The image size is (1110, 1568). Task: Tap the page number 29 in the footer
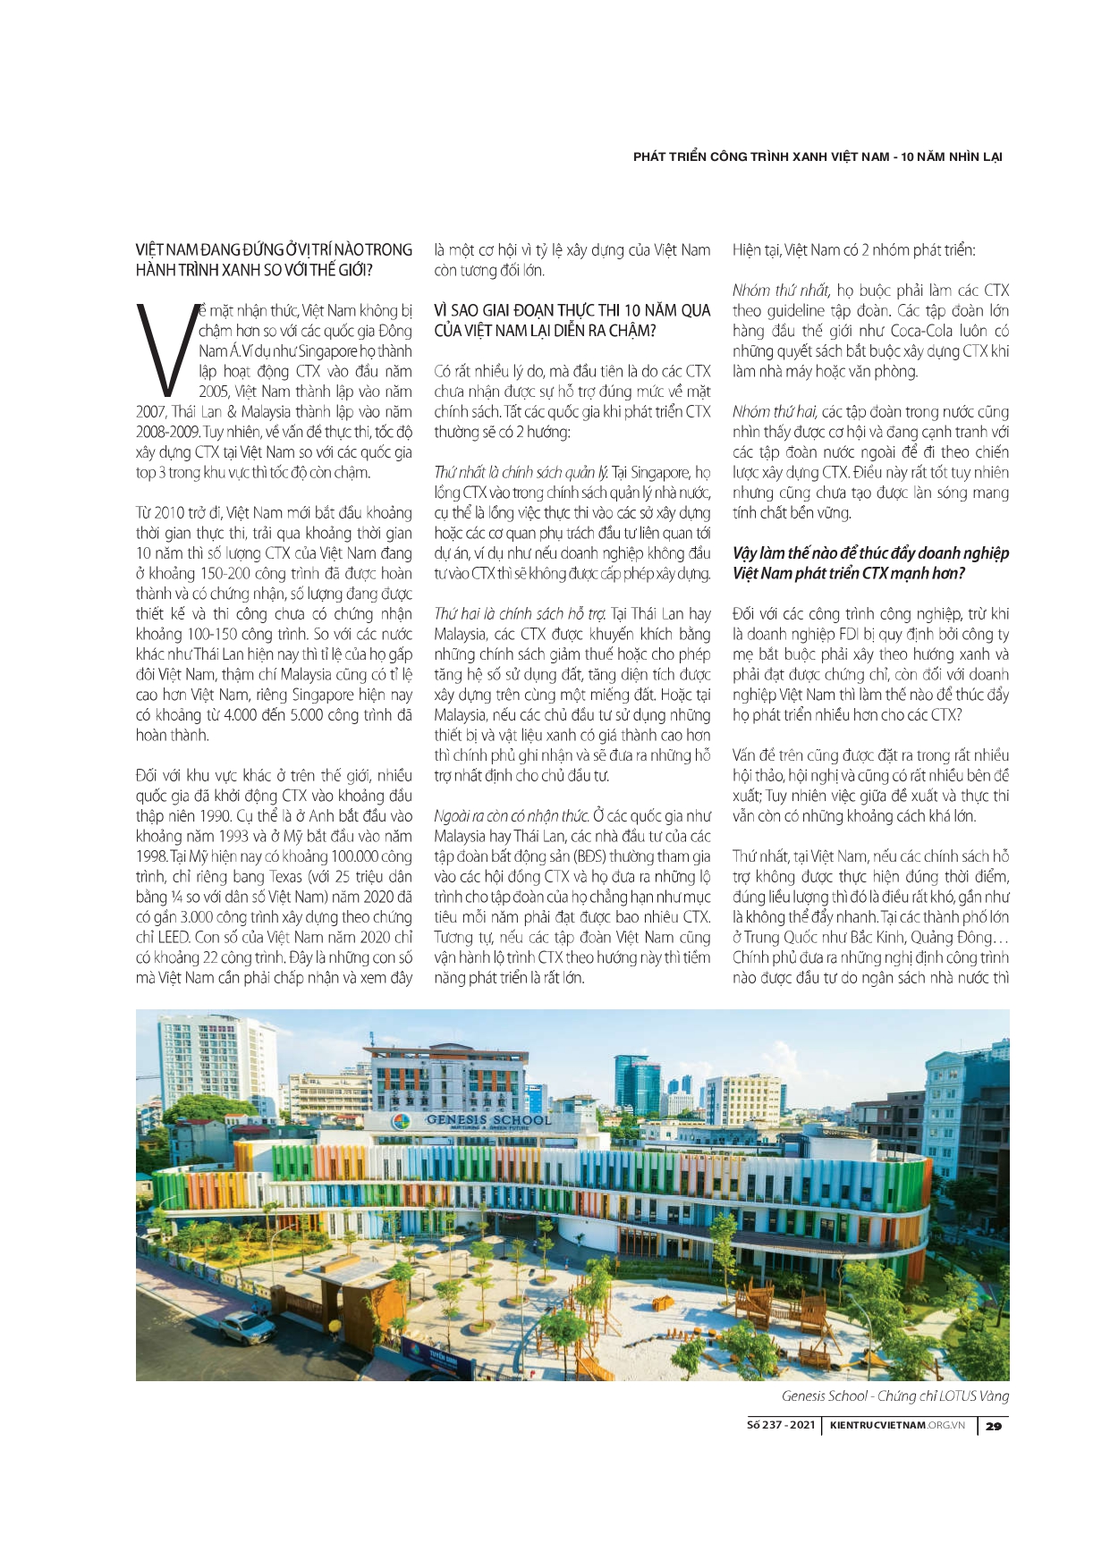[993, 1426]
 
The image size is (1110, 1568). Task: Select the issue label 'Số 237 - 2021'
[781, 1425]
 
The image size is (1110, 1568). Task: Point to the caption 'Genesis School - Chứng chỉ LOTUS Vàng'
[894, 1395]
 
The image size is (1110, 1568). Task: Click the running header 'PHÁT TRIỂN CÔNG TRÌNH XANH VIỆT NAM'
[760, 156]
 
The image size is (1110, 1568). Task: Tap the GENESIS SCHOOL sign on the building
[488, 1119]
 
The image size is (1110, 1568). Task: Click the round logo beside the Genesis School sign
[403, 1123]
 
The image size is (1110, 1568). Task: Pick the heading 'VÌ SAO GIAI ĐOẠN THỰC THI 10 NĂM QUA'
[572, 310]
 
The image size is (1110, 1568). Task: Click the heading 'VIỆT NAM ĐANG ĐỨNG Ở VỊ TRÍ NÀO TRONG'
[274, 249]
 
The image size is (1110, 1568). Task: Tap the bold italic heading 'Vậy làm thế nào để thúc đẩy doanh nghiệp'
[870, 553]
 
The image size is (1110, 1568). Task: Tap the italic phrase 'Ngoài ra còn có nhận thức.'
[512, 816]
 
